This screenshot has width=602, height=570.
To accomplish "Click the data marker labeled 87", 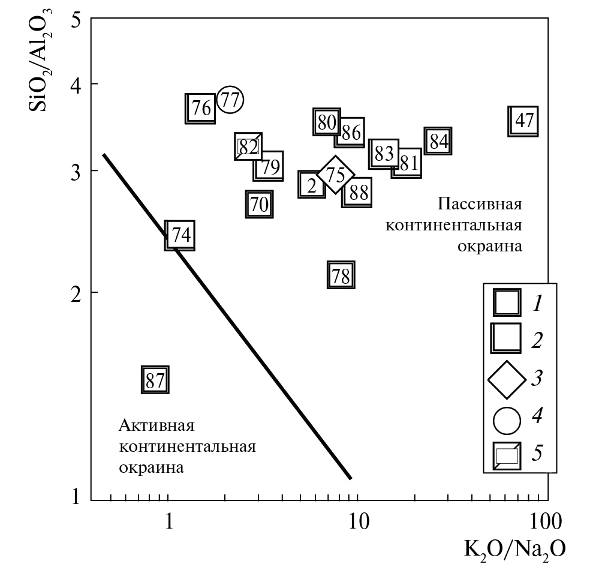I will coord(155,380).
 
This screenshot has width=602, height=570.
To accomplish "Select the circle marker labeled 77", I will coord(230,100).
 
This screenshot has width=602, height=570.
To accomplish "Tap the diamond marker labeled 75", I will coord(336,175).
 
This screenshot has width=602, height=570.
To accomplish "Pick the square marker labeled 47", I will coord(523,121).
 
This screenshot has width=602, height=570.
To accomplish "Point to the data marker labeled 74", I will coord(180,235).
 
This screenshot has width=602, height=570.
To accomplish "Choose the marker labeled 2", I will coord(312,185).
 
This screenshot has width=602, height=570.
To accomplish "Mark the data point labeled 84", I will coord(438,142).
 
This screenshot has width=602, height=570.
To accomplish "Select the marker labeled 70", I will coord(259,204).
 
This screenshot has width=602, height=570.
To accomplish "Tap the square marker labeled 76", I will coord(200,109).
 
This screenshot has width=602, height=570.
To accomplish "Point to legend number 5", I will coord(537,453).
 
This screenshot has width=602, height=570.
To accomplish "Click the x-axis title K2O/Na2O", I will coord(513,548).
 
